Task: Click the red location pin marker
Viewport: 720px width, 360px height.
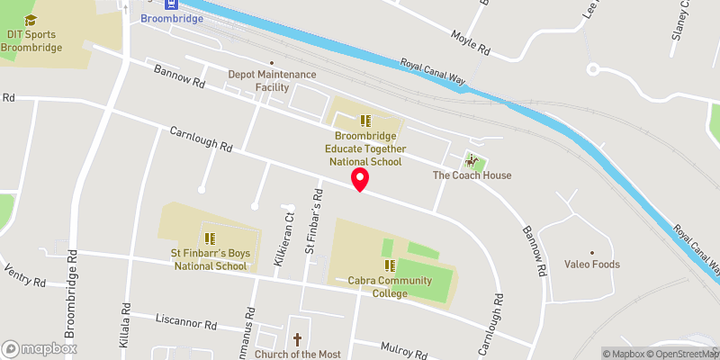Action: pyautogui.click(x=360, y=179)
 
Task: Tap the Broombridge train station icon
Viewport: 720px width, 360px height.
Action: pyautogui.click(x=148, y=3)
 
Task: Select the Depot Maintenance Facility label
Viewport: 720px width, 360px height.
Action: pyautogui.click(x=272, y=80)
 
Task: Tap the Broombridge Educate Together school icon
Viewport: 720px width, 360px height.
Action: pyautogui.click(x=364, y=121)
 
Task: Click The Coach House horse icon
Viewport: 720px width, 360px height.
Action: pyautogui.click(x=471, y=161)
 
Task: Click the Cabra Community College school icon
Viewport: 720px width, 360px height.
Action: pyautogui.click(x=391, y=265)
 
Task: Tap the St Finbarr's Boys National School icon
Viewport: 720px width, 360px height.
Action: pyautogui.click(x=210, y=238)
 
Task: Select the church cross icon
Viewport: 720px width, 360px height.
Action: pyautogui.click(x=297, y=339)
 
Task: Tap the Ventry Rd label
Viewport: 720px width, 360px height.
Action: pyautogui.click(x=24, y=275)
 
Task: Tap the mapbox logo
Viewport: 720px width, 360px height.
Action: pyautogui.click(x=40, y=348)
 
